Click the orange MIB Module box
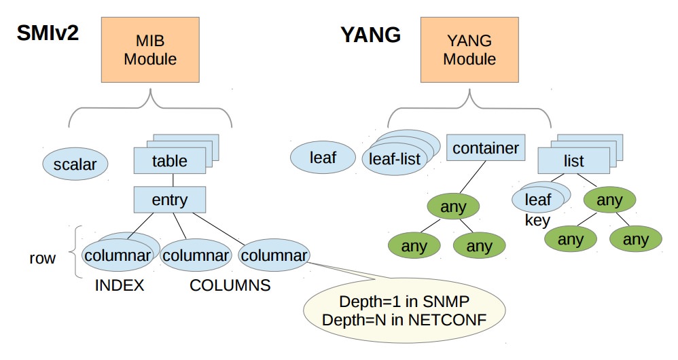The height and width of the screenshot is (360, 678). click(x=149, y=51)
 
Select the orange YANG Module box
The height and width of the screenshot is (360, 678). click(x=469, y=51)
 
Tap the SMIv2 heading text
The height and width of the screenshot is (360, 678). click(x=48, y=32)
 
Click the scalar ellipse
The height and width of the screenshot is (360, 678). click(x=75, y=165)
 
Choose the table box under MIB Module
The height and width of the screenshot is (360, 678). click(x=169, y=161)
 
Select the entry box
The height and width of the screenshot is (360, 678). click(x=169, y=200)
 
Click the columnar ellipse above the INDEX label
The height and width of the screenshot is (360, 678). click(x=118, y=256)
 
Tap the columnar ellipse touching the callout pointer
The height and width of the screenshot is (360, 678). click(x=274, y=255)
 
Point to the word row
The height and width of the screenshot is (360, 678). click(x=42, y=259)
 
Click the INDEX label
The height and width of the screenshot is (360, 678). click(x=120, y=285)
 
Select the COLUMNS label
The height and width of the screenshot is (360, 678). click(x=230, y=285)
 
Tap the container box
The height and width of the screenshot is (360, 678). click(x=485, y=148)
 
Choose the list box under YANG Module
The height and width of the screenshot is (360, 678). click(x=573, y=162)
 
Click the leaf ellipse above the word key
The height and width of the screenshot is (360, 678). click(x=538, y=200)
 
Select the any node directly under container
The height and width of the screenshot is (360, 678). click(x=453, y=207)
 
